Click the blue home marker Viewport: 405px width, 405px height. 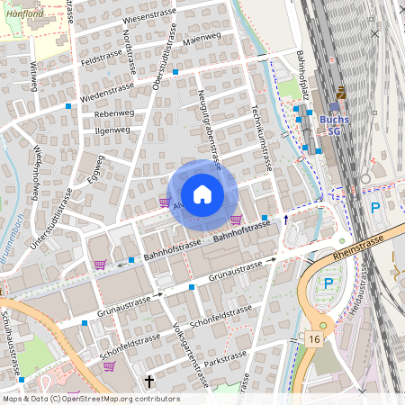click(202, 194)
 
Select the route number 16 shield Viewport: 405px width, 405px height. click(313, 337)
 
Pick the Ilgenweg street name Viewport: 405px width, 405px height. click(112, 130)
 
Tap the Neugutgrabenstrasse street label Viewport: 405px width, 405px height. click(208, 130)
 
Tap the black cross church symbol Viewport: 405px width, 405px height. click(149, 382)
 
